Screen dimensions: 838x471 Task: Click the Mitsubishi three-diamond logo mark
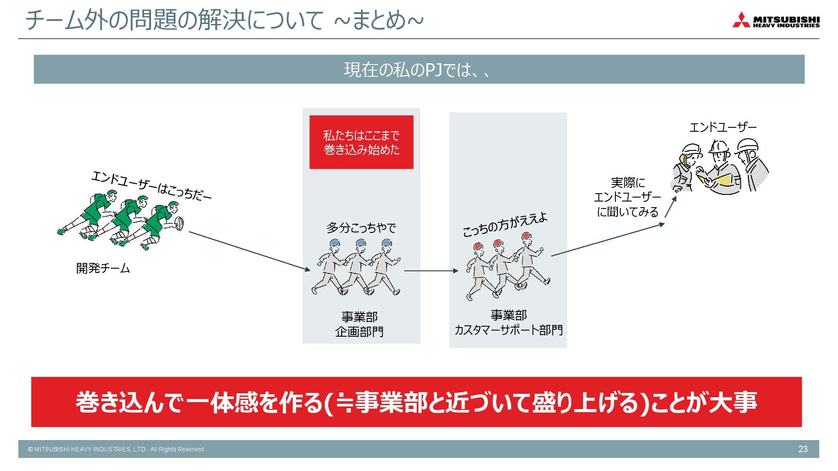pos(741,20)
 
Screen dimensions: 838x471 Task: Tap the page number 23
pos(803,449)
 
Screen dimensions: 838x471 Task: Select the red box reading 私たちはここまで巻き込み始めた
pos(361,142)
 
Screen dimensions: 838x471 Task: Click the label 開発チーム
pos(103,268)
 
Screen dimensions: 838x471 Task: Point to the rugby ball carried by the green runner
pos(179,223)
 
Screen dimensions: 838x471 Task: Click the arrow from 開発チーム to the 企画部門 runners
pos(249,251)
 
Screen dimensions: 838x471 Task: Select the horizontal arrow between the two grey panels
pos(431,271)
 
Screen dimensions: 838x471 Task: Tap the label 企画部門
pos(359,332)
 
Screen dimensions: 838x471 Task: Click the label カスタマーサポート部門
pos(508,330)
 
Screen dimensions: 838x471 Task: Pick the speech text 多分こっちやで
pos(361,228)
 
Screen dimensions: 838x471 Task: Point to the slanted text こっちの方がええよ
pos(505,225)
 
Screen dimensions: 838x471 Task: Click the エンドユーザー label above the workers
pos(723,127)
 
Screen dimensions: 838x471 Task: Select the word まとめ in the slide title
pos(379,20)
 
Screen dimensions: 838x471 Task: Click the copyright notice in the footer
pos(117,449)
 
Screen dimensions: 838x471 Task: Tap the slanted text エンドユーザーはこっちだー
pos(151,186)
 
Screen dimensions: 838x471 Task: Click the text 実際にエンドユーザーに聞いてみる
pos(628,197)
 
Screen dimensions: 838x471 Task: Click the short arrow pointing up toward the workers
pos(670,207)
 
